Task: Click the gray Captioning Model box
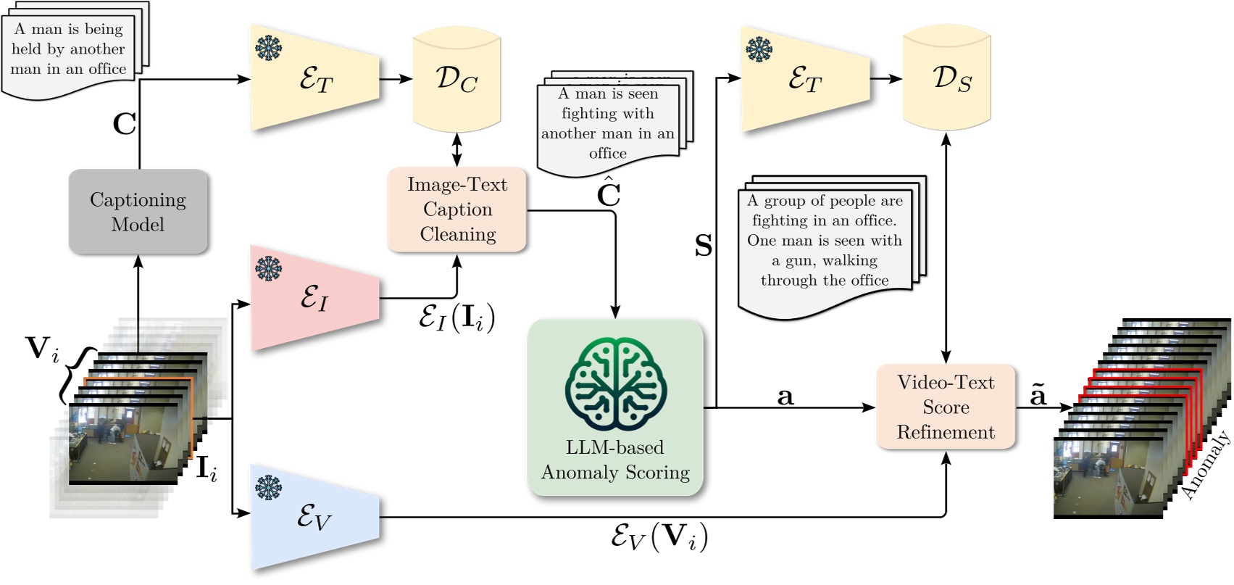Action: tap(138, 212)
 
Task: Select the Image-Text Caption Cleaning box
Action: tap(457, 209)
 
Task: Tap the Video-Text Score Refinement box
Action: tap(946, 407)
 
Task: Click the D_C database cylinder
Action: tap(457, 79)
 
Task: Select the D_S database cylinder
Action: tap(946, 79)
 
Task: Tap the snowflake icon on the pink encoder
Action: tap(268, 269)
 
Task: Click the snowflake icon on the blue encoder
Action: tap(268, 487)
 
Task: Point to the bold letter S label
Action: tap(704, 246)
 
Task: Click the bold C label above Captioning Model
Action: tap(124, 124)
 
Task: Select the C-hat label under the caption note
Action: tap(608, 193)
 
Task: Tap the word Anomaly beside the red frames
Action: tap(1205, 465)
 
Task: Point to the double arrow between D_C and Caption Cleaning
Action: tap(457, 150)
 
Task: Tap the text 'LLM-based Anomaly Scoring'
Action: tap(615, 460)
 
